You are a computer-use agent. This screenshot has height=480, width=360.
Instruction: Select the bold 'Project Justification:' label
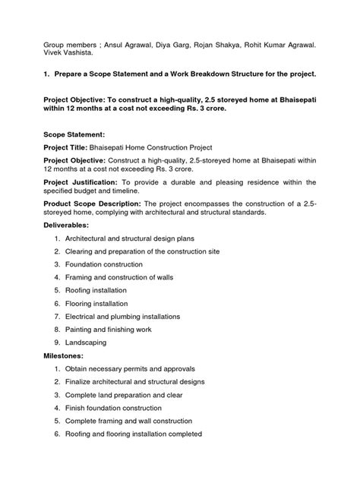tap(80, 182)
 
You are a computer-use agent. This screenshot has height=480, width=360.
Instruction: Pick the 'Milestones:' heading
tap(64, 355)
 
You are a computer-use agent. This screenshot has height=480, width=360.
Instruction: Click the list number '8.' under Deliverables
tap(58, 329)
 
